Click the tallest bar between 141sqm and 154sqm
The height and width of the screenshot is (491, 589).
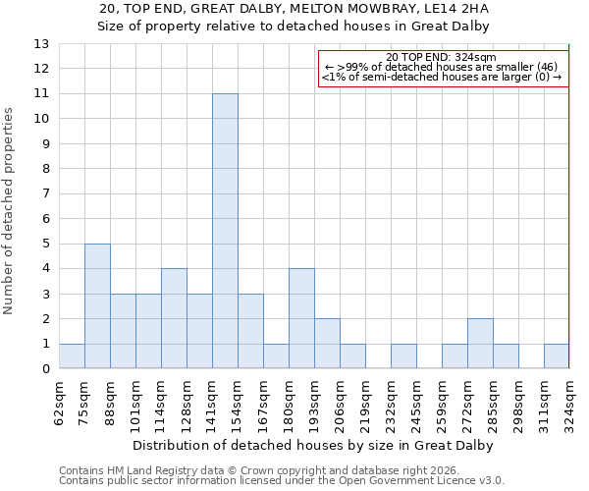coord(225,231)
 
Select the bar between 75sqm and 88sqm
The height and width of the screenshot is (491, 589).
coord(97,306)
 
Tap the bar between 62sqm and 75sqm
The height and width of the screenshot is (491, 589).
coord(72,356)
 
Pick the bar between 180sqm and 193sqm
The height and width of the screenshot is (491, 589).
coord(301,319)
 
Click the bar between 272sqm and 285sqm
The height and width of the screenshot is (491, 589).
coord(480,344)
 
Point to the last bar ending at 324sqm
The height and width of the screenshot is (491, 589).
coord(557,356)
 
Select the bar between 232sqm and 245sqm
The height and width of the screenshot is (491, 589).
coord(403,356)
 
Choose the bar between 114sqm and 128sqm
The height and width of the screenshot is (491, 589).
coord(174,319)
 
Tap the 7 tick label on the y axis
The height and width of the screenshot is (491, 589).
coord(45,193)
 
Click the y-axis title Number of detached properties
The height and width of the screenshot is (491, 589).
coord(10,211)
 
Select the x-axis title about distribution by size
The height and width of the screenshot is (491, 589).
coord(313,445)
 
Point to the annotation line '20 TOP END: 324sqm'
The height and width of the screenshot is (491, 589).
coord(442,57)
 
